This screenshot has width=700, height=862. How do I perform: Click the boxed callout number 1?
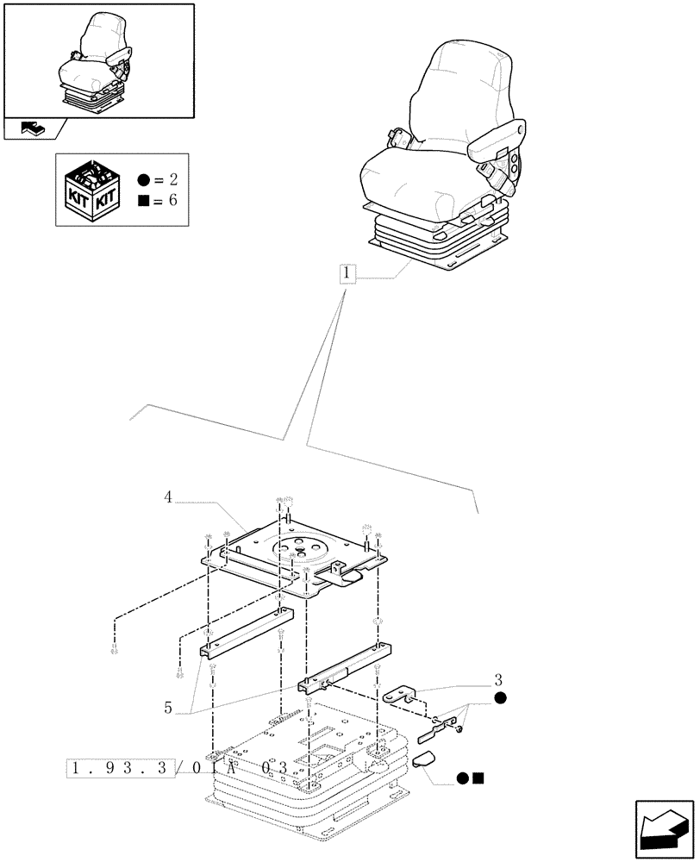pos(347,275)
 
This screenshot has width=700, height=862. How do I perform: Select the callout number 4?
pos(169,497)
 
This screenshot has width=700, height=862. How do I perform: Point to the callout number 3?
pos(498,678)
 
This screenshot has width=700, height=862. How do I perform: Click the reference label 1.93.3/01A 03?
pos(176,767)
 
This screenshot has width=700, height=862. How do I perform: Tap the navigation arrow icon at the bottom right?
pos(663,828)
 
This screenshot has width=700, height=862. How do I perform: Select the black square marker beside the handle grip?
pos(478,778)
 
